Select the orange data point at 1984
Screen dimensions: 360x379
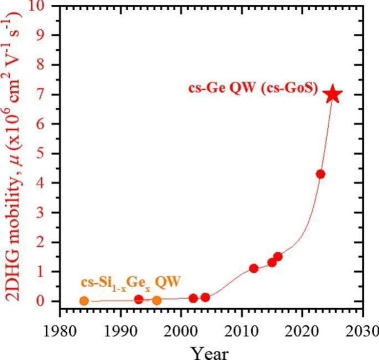coord(84,301)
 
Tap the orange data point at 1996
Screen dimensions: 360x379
coord(157,300)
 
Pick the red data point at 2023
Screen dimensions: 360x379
coord(320,174)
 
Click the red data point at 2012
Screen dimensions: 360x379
coord(254,268)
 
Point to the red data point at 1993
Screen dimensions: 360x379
coord(139,299)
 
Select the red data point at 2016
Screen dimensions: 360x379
coord(278,257)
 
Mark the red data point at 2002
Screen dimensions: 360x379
coord(193,298)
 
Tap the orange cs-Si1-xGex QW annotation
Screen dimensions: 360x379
coord(128,282)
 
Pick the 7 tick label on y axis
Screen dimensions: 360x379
coord(47,95)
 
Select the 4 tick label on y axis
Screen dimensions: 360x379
coord(47,183)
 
